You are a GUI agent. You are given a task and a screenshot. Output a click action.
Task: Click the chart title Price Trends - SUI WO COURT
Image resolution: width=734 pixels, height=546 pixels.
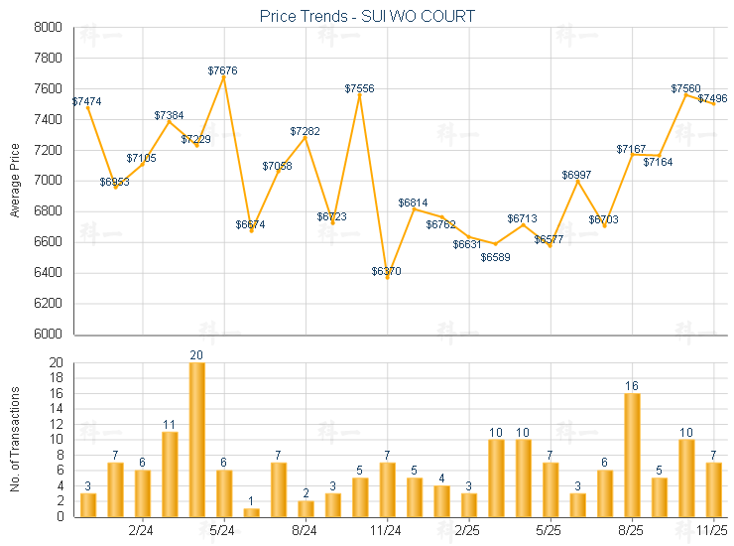367,16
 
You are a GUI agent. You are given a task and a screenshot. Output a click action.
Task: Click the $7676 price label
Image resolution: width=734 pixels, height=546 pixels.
223,70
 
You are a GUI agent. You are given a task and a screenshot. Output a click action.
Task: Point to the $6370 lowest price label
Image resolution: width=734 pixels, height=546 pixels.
387,271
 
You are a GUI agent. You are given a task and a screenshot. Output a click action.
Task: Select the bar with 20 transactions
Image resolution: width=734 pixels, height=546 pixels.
197,439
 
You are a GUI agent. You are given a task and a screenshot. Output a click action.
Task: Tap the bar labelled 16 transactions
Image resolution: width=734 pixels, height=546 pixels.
632,455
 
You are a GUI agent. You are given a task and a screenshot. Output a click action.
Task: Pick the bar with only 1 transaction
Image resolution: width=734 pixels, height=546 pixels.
251,512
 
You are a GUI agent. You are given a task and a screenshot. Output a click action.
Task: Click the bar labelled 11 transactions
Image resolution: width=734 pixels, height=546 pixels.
170,474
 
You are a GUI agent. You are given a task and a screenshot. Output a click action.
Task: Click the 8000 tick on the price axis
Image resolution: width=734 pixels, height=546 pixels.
47,28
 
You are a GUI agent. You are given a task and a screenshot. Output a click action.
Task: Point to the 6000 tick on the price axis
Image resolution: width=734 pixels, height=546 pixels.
47,335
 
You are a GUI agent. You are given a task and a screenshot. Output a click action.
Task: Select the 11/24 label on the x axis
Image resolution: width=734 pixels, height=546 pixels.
387,531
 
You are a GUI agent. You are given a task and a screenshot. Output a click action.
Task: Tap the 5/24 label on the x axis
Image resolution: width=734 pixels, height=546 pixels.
223,531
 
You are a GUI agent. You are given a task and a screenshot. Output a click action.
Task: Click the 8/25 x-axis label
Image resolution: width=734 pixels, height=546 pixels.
632,531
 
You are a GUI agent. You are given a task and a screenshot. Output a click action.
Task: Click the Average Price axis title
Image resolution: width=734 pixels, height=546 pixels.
15,181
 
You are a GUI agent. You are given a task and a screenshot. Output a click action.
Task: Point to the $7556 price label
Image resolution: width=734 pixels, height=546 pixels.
359,88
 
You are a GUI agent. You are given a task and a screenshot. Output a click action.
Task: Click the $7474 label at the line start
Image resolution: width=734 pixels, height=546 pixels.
86,101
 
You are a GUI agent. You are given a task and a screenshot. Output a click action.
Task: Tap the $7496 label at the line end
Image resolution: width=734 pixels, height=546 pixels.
712,98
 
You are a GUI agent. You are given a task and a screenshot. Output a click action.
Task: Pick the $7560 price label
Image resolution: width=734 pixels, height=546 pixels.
685,88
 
